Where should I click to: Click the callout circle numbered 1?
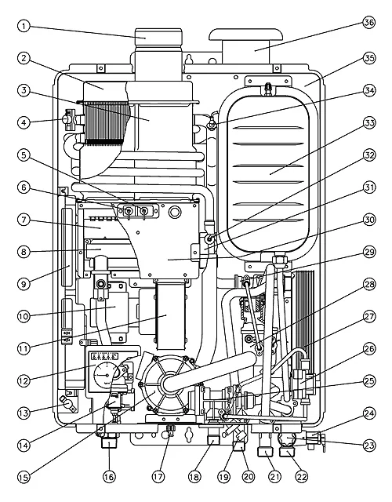[x=24, y=26]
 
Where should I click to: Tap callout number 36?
[x=369, y=23]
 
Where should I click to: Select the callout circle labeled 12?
[x=24, y=380]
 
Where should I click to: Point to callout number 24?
[x=369, y=413]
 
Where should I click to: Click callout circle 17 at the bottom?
[x=158, y=477]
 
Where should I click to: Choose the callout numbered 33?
[x=369, y=122]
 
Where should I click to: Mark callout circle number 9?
[x=24, y=284]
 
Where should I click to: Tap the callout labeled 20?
[x=249, y=477]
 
